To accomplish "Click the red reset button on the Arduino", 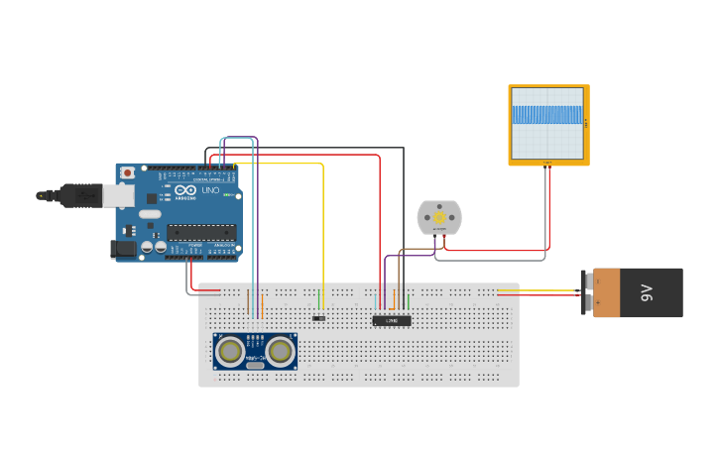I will click(127, 172).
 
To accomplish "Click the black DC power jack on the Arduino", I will click(123, 249).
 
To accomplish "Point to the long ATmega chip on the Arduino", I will click(201, 233).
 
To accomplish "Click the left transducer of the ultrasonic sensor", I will click(231, 350).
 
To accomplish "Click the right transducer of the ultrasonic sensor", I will click(280, 350).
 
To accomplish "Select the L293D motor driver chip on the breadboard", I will click(392, 321).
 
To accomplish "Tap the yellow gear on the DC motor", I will click(439, 217).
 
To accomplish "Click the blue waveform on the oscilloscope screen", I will click(547, 115).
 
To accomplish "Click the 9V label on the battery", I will click(647, 292).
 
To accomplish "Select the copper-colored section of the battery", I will click(607, 292).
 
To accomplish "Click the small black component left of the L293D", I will click(318, 318).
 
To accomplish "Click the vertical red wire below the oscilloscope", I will click(548, 208).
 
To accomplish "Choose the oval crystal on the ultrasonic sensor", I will click(256, 366).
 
